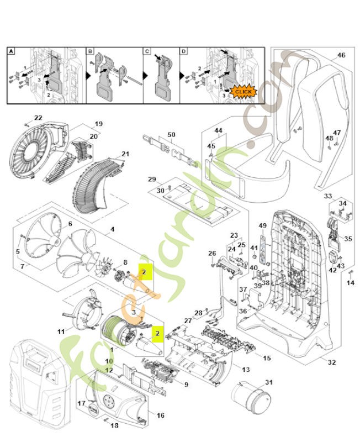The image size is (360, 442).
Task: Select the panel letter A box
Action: point(11,51)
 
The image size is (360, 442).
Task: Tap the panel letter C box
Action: point(147,51)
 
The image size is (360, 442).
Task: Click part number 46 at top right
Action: point(341,55)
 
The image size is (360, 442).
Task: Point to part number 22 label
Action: point(38,118)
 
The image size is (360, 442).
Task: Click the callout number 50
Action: point(171,135)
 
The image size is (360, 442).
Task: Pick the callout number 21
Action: point(125,154)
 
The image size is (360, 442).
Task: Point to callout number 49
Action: point(262,225)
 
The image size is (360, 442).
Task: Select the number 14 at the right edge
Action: point(350,283)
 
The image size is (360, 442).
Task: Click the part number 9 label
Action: point(186,385)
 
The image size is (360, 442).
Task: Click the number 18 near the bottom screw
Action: point(115,425)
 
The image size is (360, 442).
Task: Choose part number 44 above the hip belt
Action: point(218,130)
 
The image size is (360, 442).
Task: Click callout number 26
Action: point(212,253)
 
